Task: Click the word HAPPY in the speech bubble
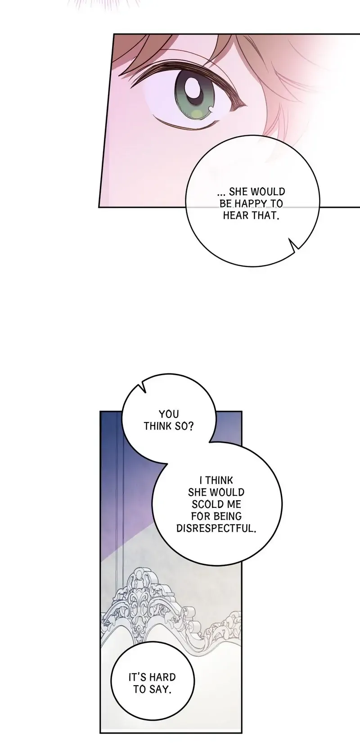pos(244,204)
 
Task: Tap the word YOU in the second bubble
pos(169,414)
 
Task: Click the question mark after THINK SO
pos(191,426)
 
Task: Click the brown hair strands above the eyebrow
pos(148,49)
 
